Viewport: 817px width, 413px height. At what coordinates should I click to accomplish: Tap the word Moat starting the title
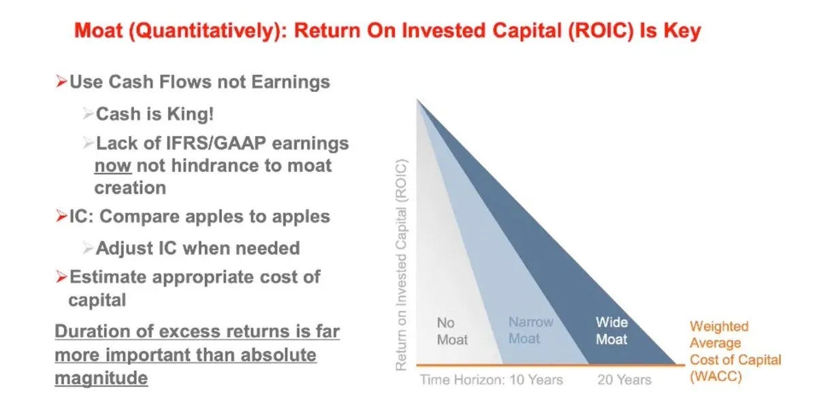tap(99, 31)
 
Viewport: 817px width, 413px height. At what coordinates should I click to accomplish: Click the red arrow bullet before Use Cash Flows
tap(61, 81)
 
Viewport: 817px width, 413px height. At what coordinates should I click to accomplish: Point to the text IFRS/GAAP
tap(216, 144)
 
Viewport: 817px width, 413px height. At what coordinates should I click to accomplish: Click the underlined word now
tap(113, 166)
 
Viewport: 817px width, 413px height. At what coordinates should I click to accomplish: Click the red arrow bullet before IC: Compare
tap(61, 216)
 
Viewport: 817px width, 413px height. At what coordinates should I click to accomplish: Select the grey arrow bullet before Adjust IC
tap(89, 248)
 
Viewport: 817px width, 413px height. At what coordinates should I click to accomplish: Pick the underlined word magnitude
tap(101, 378)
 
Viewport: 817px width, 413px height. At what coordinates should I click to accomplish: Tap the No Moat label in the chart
tap(452, 331)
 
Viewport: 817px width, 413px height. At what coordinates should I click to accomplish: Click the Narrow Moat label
tap(531, 330)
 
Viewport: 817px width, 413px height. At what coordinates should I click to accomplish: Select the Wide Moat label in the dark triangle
tap(611, 331)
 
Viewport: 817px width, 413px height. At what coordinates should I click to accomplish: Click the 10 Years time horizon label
tap(536, 380)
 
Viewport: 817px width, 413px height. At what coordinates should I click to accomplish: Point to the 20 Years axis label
tap(624, 380)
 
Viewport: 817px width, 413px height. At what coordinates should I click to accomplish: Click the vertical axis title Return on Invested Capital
tap(401, 265)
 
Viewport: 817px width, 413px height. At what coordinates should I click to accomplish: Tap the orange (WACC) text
tap(716, 376)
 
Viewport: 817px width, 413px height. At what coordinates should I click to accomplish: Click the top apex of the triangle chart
tap(417, 99)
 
